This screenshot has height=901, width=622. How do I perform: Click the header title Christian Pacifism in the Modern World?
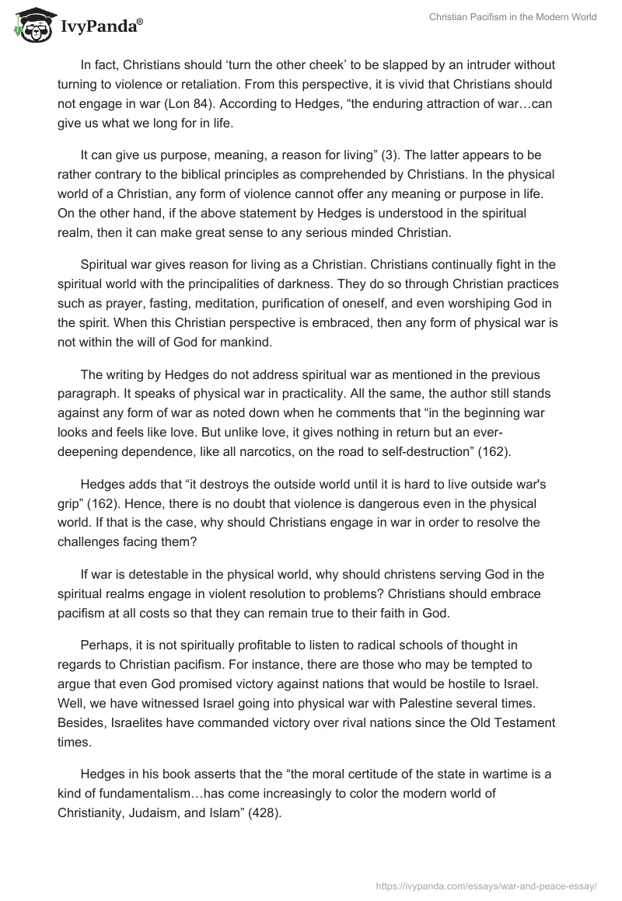click(x=513, y=17)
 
